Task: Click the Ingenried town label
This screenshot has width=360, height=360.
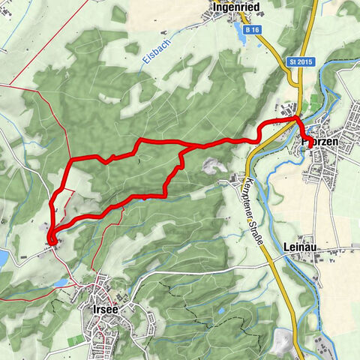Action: click(x=236, y=7)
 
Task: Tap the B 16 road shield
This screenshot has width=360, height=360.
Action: click(x=253, y=29)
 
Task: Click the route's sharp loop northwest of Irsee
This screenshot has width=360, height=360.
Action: click(x=51, y=239)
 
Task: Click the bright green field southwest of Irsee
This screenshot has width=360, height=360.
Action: click(x=76, y=341)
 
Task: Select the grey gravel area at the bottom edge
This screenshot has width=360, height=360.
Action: click(x=283, y=342)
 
